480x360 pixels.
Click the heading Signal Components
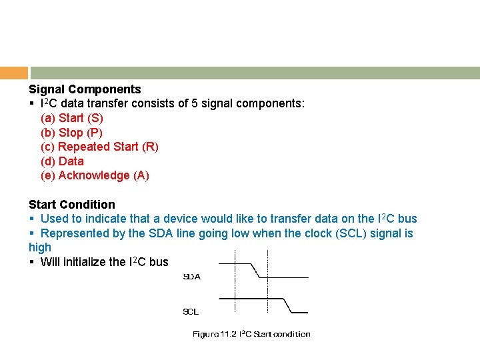(85, 89)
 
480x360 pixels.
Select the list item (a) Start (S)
(72, 118)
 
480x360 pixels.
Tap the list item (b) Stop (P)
(71, 132)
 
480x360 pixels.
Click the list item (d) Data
(62, 161)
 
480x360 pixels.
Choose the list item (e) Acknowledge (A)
(95, 175)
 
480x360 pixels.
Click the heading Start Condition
(71, 205)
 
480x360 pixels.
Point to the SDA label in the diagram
(192, 277)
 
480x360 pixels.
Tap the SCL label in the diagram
(191, 311)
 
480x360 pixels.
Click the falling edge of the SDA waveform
(255, 269)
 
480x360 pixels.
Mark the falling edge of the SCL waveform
(287, 305)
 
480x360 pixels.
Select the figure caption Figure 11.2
(251, 334)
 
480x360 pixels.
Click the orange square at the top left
(14, 73)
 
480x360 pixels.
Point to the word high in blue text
(40, 247)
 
